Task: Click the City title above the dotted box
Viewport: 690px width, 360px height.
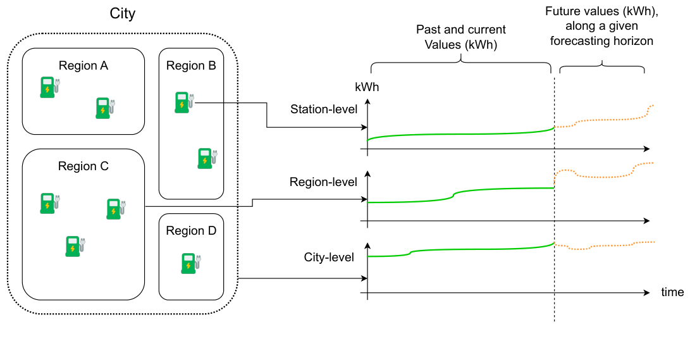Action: pyautogui.click(x=122, y=14)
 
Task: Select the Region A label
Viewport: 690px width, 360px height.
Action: pyautogui.click(x=83, y=66)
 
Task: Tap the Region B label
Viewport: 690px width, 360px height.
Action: pyautogui.click(x=191, y=66)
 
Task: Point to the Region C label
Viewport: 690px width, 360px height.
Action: pyautogui.click(x=83, y=166)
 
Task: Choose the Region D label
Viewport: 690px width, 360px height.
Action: pyautogui.click(x=191, y=231)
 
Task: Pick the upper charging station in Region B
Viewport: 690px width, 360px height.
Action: pyautogui.click(x=184, y=102)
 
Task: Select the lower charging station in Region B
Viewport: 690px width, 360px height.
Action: pyautogui.click(x=207, y=158)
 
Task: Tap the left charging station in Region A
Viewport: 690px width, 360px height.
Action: pyautogui.click(x=49, y=87)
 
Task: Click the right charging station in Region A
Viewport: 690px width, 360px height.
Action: pyautogui.click(x=103, y=108)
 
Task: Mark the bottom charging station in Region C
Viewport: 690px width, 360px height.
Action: pyautogui.click(x=75, y=246)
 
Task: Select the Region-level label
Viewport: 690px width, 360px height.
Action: pyautogui.click(x=323, y=182)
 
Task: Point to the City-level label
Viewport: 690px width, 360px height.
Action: pyautogui.click(x=329, y=258)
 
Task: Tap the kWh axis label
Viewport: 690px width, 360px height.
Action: pyautogui.click(x=367, y=87)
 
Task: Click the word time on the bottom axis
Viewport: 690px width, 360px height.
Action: pyautogui.click(x=672, y=292)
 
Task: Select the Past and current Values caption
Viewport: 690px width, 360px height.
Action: pyautogui.click(x=460, y=37)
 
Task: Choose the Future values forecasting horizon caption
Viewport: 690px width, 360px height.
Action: pyautogui.click(x=601, y=27)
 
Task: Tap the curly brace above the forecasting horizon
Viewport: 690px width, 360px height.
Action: pyautogui.click(x=601, y=66)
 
